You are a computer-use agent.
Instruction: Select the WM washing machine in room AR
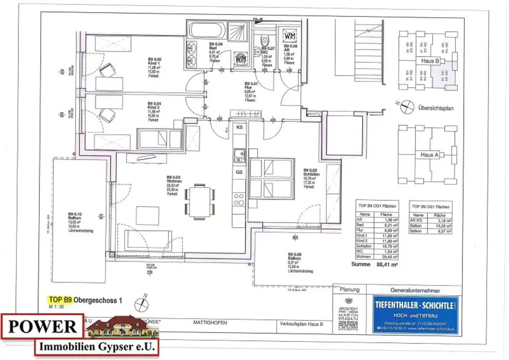coord(290,36)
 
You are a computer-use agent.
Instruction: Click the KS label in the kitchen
coord(239,128)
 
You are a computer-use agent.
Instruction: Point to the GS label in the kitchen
coord(239,172)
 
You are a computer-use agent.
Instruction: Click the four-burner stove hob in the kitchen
coord(239,199)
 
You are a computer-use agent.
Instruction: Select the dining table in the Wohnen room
coord(200,201)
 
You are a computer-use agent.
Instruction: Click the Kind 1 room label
coord(154,64)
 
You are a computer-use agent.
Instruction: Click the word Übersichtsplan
coord(436,107)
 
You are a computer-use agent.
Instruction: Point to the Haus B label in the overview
coord(429,61)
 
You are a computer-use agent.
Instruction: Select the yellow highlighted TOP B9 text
coord(60,300)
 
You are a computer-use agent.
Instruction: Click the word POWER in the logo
coord(42,327)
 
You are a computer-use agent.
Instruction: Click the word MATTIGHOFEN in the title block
coord(210,323)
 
